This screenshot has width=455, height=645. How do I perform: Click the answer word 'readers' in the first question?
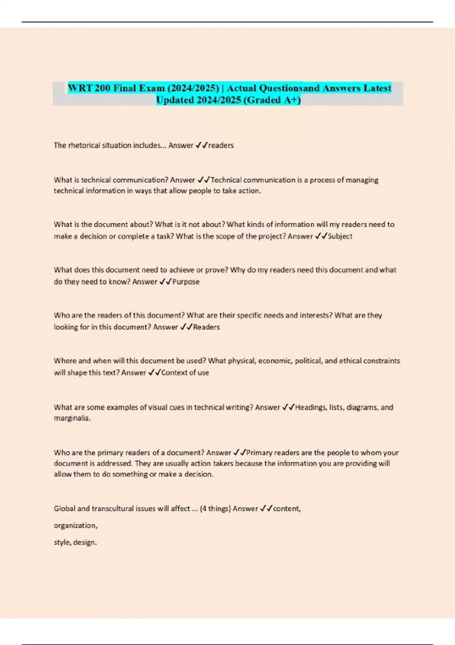click(221, 145)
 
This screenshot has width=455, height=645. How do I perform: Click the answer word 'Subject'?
click(340, 236)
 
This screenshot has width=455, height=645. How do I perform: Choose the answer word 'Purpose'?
click(186, 282)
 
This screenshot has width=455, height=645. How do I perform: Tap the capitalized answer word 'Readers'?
click(206, 327)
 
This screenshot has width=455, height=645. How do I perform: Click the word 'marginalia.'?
click(72, 418)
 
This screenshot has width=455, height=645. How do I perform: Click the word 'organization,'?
click(75, 525)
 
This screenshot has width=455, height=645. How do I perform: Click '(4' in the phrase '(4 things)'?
click(203, 509)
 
